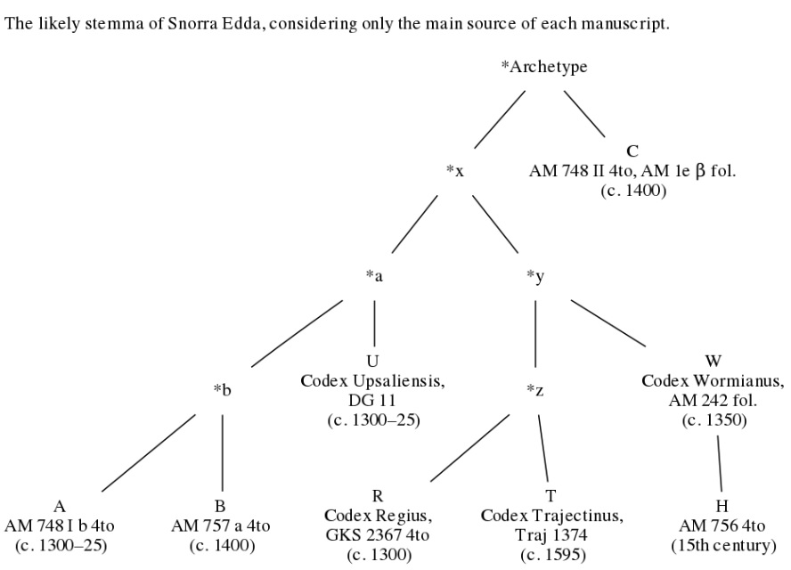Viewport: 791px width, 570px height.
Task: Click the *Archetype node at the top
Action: pyautogui.click(x=543, y=67)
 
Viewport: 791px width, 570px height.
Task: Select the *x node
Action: pyautogui.click(x=454, y=172)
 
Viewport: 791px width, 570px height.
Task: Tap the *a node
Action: pyautogui.click(x=374, y=276)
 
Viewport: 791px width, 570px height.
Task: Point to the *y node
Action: pyautogui.click(x=535, y=276)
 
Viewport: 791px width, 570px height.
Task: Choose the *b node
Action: pyautogui.click(x=222, y=389)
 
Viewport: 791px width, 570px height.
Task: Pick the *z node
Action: pyautogui.click(x=534, y=390)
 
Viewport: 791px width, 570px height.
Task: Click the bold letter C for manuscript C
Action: pyautogui.click(x=632, y=151)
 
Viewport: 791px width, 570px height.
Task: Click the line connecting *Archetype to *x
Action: pyautogui.click(x=500, y=119)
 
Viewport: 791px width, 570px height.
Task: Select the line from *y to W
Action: pyautogui.click(x=608, y=323)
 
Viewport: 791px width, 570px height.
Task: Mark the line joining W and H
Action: pyautogui.click(x=720, y=463)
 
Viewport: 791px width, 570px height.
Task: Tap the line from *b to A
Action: pyautogui.click(x=148, y=453)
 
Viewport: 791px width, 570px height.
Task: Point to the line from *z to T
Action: pyautogui.click(x=543, y=448)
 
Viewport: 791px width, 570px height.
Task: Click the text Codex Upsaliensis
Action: pyautogui.click(x=373, y=381)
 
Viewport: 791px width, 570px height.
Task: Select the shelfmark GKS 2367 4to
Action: pyautogui.click(x=378, y=535)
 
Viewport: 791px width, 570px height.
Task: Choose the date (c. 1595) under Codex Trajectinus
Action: pyautogui.click(x=553, y=555)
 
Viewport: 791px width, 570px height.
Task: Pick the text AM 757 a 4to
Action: pyautogui.click(x=220, y=526)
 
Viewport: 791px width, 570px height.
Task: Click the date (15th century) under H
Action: pyautogui.click(x=723, y=546)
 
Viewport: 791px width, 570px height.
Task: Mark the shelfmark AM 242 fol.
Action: pyautogui.click(x=713, y=401)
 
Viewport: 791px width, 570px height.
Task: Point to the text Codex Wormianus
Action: pyautogui.click(x=713, y=381)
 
